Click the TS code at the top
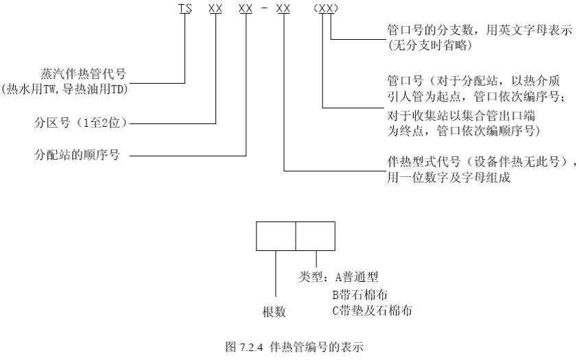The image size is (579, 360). coord(185,8)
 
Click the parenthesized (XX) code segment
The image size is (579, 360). coord(326,8)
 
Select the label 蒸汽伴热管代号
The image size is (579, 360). coord(84,74)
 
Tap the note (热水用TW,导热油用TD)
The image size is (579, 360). coord(64,89)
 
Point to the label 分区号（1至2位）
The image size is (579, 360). coord(80,123)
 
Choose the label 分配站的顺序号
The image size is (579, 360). coord(77,155)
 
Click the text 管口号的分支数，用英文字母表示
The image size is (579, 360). coord(480,30)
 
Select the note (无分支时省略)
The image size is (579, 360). coord(430,45)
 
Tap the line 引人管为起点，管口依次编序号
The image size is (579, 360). coord(475,97)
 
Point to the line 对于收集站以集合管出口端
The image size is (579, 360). coord(461,116)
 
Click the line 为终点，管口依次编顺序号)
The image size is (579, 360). coord(464,131)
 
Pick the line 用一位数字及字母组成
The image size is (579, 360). coord(449,178)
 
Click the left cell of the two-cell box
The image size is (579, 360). coord(276,236)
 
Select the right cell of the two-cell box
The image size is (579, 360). coord(316,236)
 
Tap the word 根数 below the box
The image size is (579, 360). coord(274,312)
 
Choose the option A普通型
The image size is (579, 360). coord(357,276)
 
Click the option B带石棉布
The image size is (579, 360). coord(359,295)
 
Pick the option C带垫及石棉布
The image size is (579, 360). coord(372,311)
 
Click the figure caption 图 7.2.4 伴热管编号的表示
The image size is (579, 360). coord(294,347)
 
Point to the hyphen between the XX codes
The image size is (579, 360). coord(264,8)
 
